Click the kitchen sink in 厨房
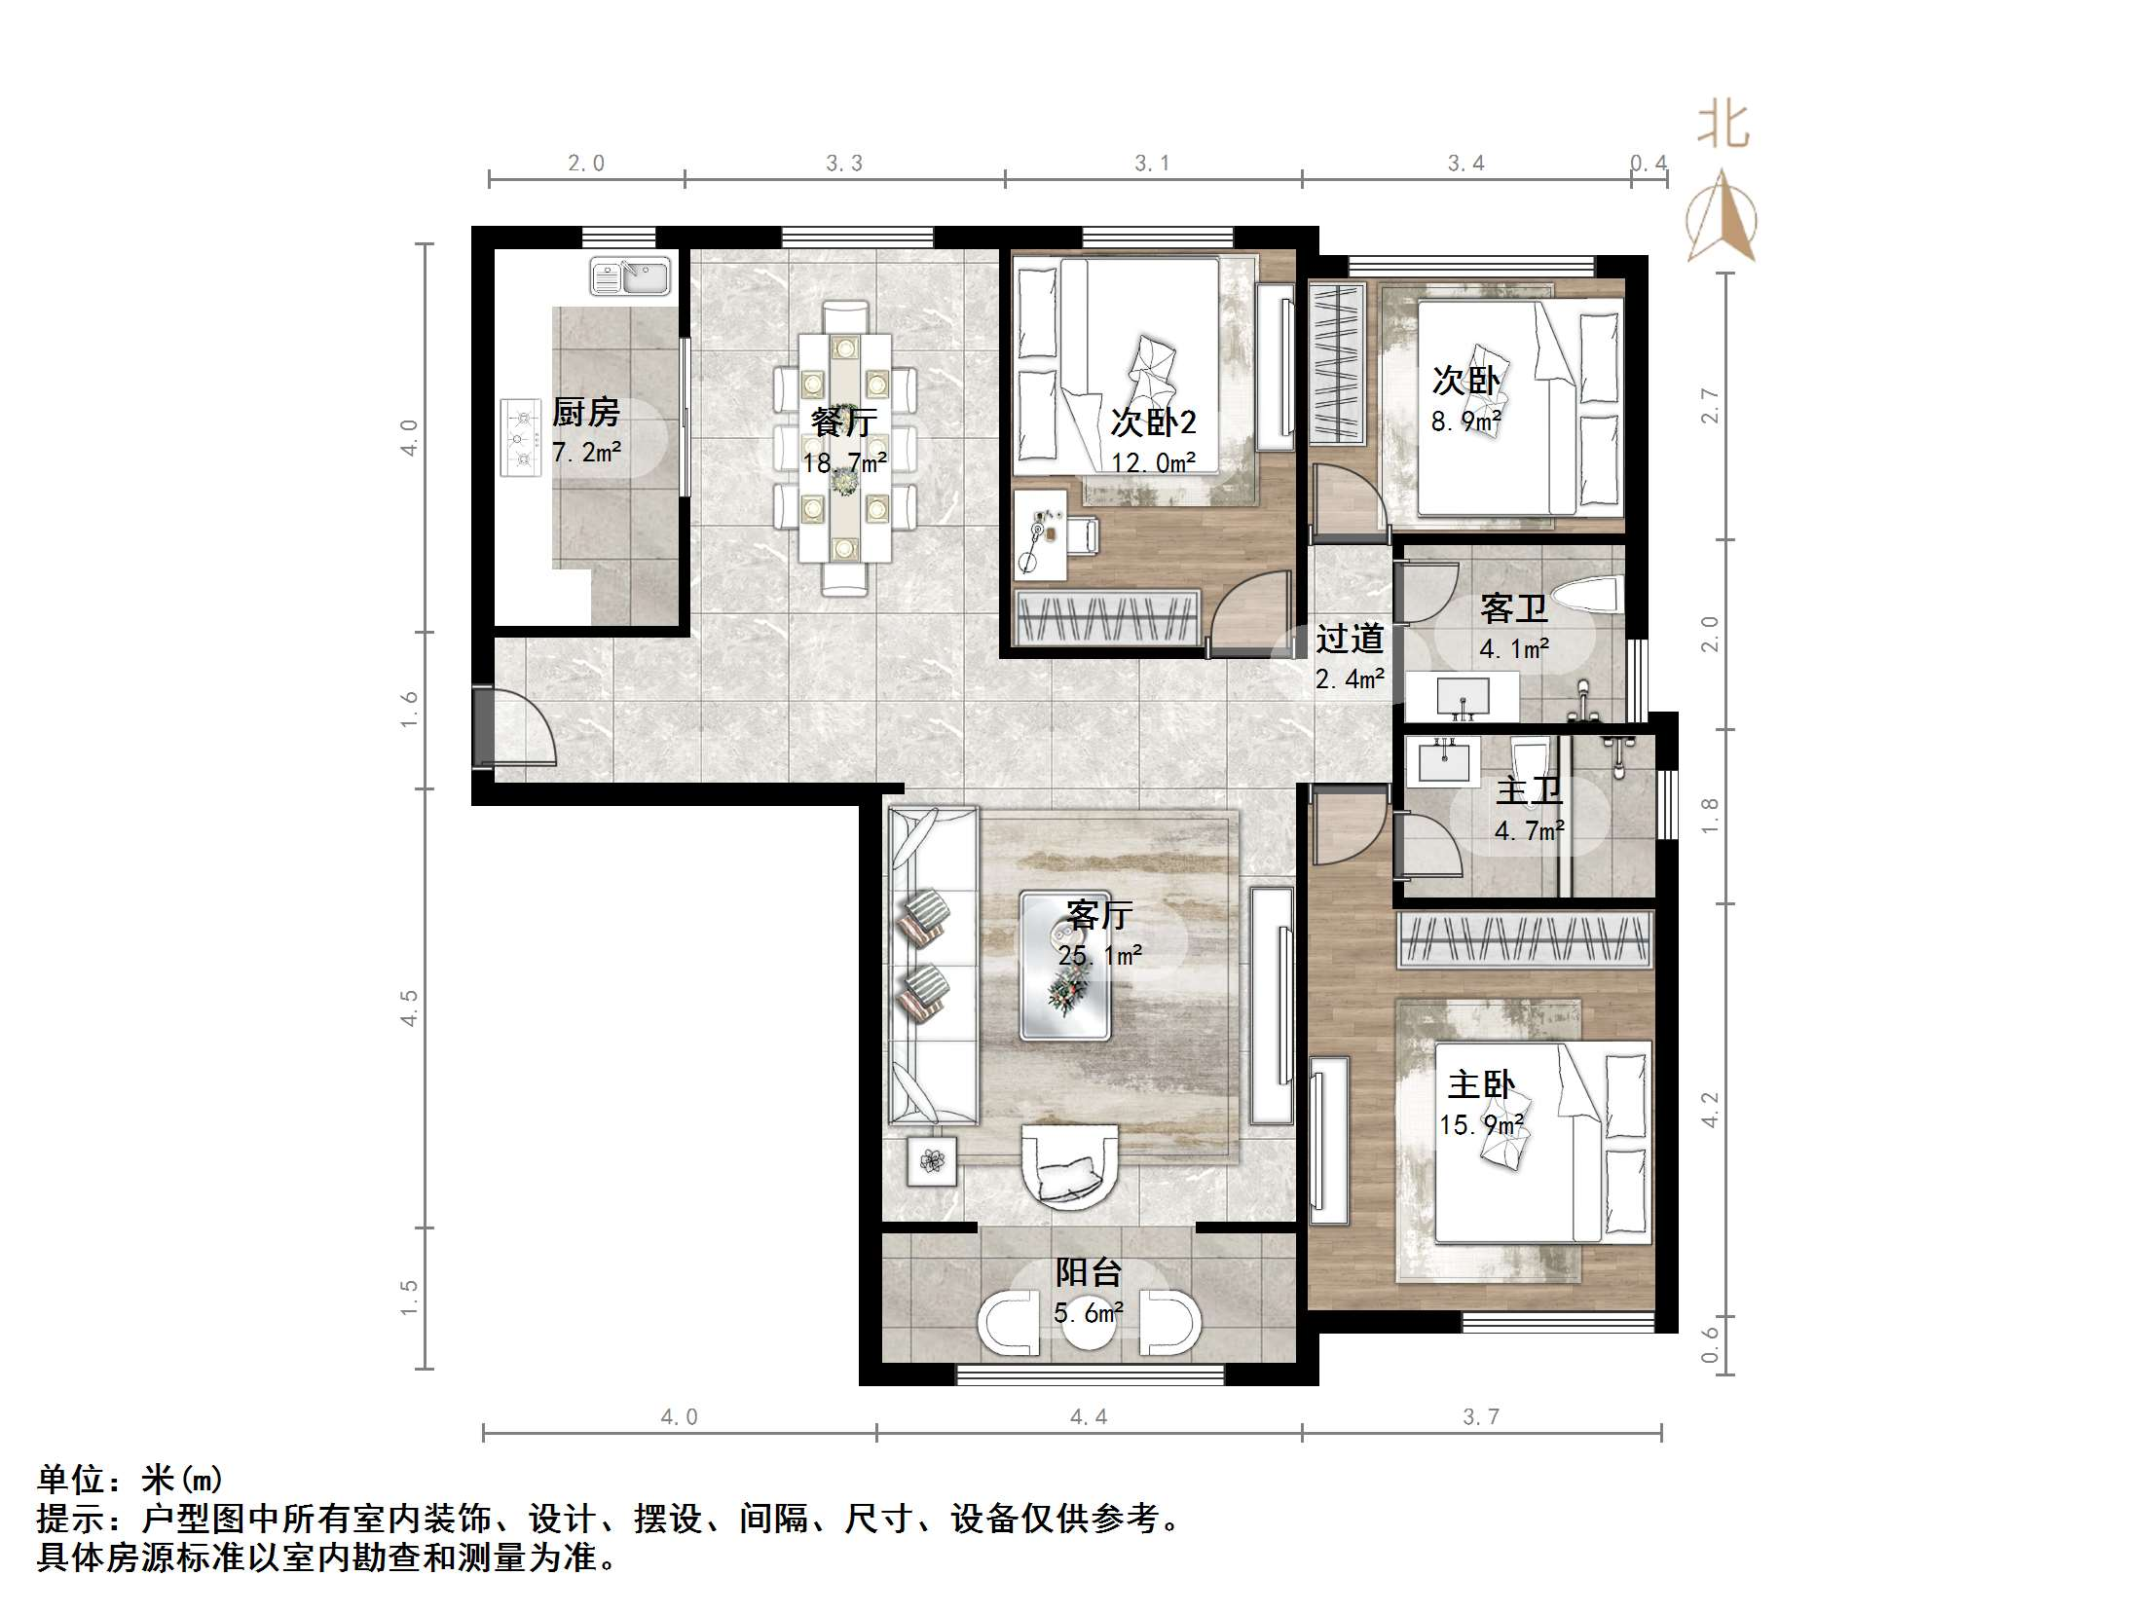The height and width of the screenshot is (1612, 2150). [x=630, y=276]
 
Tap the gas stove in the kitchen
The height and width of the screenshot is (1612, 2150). [x=521, y=438]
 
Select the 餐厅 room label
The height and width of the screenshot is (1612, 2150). [x=844, y=422]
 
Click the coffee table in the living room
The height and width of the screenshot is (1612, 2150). [x=1064, y=966]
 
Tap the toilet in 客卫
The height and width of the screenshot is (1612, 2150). [x=1586, y=595]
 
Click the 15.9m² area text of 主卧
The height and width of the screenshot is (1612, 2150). [x=1481, y=1125]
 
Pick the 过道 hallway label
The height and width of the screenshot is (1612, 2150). [x=1350, y=639]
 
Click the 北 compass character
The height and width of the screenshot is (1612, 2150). [x=1723, y=127]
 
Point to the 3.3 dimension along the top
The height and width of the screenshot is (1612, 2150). [x=844, y=164]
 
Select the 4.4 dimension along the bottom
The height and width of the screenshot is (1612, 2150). [x=1089, y=1417]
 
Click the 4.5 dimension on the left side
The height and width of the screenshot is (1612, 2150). [x=410, y=1007]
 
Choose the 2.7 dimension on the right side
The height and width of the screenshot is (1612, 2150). [x=1710, y=405]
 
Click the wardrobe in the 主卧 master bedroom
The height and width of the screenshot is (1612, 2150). [x=1526, y=940]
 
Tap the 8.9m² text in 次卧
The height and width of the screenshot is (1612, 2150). [x=1465, y=421]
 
